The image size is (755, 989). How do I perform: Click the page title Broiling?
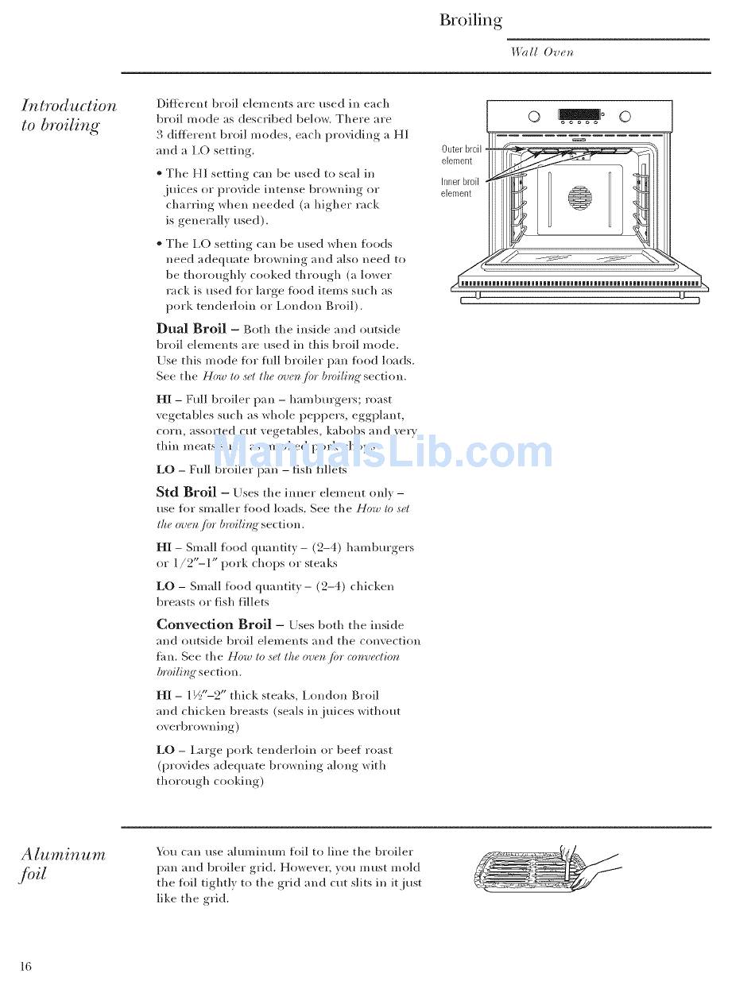470,21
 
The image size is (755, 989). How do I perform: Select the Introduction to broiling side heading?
68,115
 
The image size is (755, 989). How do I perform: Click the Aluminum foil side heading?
63,863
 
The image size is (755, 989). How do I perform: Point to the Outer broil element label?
461,154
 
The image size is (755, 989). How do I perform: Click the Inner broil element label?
459,187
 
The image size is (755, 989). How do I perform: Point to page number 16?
26,966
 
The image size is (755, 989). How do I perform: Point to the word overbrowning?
196,727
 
